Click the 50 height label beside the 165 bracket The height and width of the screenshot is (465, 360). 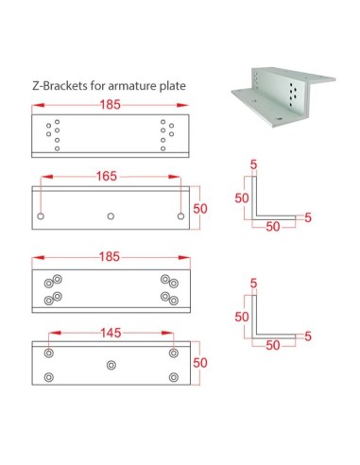coord(200,209)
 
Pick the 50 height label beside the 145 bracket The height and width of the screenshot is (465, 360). coord(200,363)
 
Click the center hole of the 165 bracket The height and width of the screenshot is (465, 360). coord(111,216)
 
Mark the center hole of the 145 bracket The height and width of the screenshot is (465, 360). coord(111,364)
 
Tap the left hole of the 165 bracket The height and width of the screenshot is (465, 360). coord(41,216)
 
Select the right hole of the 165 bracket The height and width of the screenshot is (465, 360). coord(181,216)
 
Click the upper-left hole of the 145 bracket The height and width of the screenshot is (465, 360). coord(48,352)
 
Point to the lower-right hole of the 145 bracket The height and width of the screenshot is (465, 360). coord(174,376)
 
